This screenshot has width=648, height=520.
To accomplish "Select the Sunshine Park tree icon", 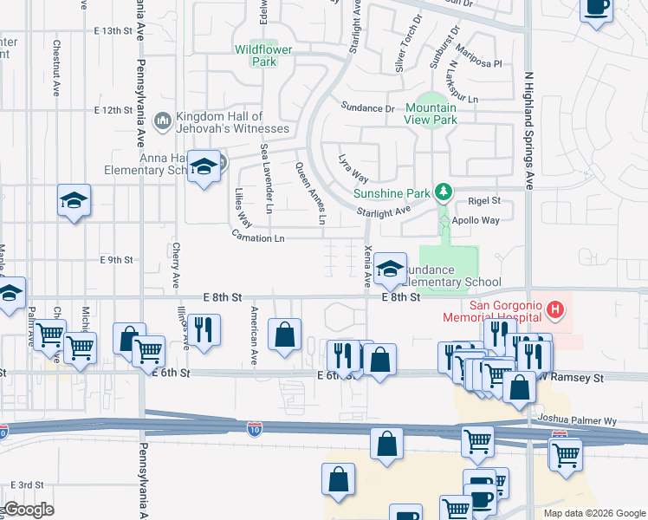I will pos(444,190).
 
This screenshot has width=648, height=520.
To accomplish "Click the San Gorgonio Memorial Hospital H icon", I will pos(555,308).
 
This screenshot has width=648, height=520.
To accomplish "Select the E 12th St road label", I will pos(112,111).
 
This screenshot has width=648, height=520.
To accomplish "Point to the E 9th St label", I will pos(116,259).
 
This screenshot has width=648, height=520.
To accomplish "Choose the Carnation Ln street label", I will pos(258,237).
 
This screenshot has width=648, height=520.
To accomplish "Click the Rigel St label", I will pos(484,200).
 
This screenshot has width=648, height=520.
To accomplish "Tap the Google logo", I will pos(29,510).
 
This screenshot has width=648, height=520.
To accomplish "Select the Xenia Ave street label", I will pos(368,264).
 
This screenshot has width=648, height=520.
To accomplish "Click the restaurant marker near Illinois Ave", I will pos(204,329).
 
